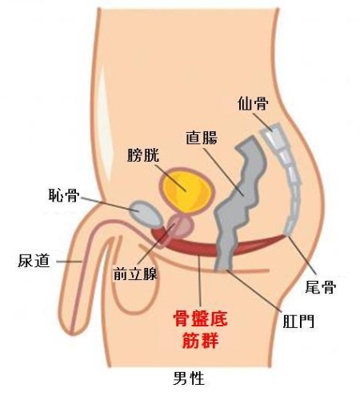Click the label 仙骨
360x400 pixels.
[x=253, y=103]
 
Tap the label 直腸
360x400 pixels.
[x=202, y=138]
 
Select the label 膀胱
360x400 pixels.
[x=143, y=155]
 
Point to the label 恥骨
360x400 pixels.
[x=64, y=195]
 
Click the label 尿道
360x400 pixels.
[x=34, y=261]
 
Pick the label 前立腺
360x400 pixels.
[x=135, y=274]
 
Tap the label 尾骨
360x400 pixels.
[x=321, y=286]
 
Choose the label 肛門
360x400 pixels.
[x=298, y=322]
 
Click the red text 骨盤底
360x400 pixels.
[x=200, y=318]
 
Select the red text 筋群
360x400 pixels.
[x=201, y=340]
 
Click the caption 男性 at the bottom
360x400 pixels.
[x=189, y=378]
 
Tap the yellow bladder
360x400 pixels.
[x=186, y=190]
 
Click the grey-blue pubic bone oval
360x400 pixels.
[x=146, y=214]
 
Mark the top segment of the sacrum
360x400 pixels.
[x=273, y=136]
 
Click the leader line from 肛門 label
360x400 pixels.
[x=254, y=290]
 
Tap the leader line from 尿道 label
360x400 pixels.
[x=69, y=262]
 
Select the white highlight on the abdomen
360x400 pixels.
[x=104, y=120]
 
